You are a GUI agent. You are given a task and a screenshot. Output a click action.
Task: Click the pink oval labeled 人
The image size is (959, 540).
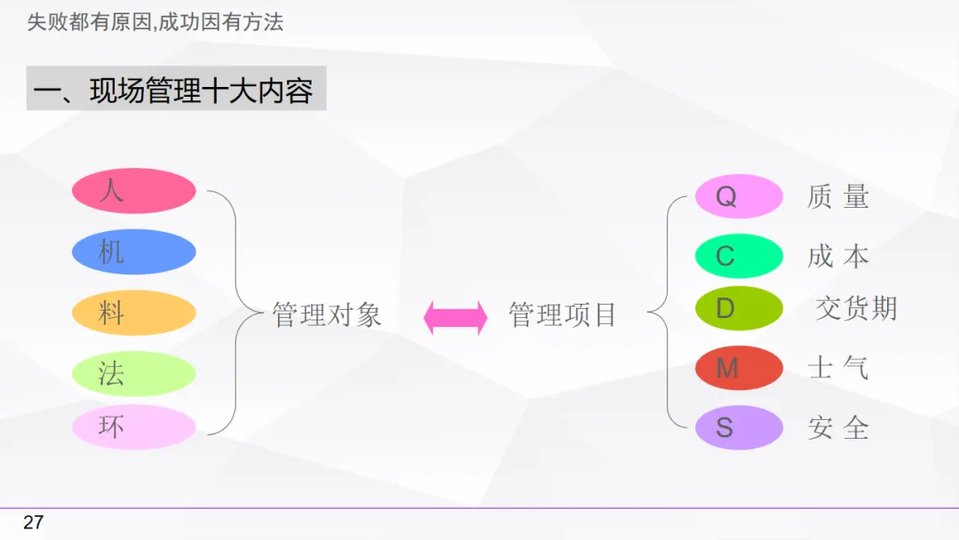coord(133,191)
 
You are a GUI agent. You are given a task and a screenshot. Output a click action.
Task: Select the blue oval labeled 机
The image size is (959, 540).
coord(133,252)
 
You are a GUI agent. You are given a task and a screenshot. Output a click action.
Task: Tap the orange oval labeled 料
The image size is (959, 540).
coord(133,313)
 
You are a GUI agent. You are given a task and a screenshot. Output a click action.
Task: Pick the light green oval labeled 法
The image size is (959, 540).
coord(133,374)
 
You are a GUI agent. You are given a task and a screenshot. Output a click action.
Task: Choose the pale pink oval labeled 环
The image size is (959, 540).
coord(133,427)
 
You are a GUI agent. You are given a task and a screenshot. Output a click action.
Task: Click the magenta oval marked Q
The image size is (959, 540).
coord(738,196)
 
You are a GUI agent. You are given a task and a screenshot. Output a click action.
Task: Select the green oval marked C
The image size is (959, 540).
coord(738,257)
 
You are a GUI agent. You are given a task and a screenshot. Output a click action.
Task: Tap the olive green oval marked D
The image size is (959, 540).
coord(738,309)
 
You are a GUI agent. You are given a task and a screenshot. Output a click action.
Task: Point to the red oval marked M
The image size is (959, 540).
coord(738,368)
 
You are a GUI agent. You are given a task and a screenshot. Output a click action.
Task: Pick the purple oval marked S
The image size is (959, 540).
coord(738,428)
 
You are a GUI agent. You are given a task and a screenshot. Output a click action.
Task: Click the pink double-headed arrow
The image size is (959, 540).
coord(456,317)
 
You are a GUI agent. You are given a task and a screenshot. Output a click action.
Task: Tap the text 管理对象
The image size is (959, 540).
coord(327,315)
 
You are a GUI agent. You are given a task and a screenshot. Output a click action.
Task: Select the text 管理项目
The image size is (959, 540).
coord(562,315)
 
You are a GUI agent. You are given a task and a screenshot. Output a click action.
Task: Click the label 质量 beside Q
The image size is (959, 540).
coord(837,196)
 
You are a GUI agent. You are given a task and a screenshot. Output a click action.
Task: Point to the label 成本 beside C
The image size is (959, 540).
coord(837,257)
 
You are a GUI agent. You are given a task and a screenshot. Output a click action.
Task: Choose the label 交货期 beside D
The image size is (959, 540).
coord(856,309)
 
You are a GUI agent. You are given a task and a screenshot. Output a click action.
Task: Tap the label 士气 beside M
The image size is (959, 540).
coord(837,368)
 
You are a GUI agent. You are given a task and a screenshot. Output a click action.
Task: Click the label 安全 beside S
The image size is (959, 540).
coord(837,428)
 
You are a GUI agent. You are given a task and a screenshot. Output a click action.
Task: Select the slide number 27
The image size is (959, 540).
coord(33,522)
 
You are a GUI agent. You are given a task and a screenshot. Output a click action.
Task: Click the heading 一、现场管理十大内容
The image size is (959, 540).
coord(176,89)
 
